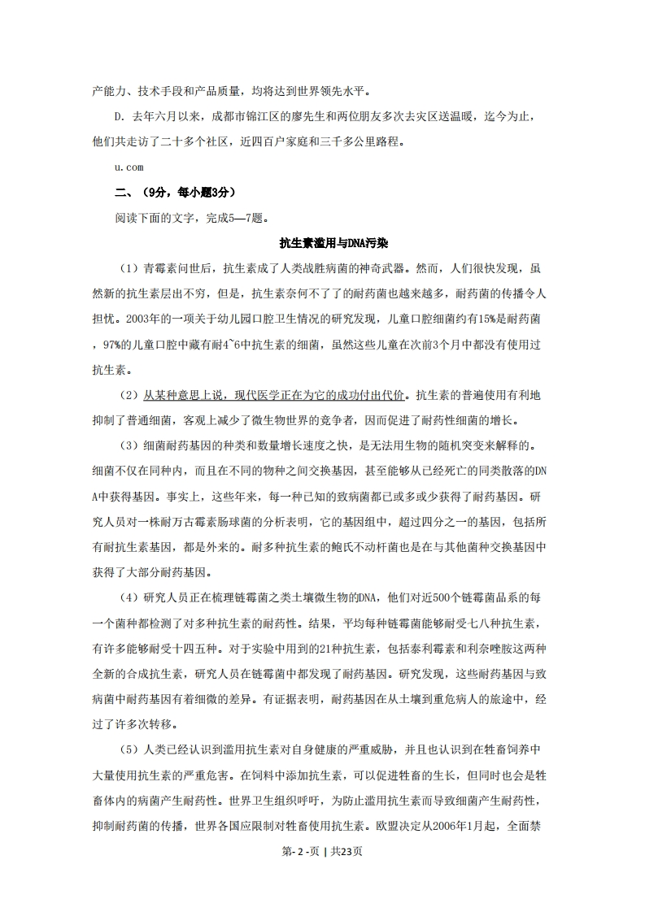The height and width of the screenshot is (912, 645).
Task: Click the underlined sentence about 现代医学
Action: click(x=273, y=395)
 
